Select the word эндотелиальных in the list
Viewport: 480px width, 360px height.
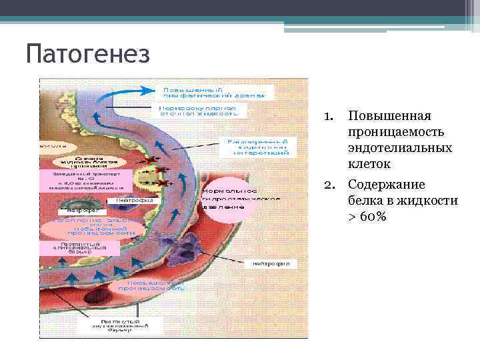400,147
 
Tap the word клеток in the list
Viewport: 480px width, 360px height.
369,163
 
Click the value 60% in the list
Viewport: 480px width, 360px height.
369,217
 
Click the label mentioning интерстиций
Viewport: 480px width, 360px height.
257,147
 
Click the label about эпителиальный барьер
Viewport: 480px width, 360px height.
80,249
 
